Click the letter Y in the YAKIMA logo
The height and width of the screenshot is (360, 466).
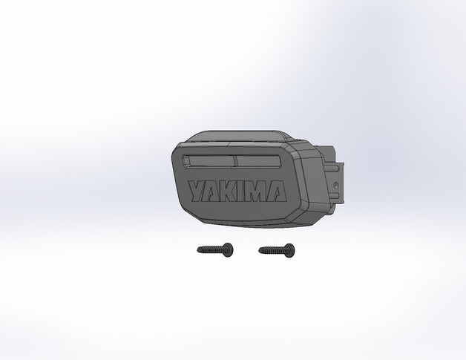click(x=197, y=192)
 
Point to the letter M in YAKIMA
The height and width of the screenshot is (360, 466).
click(x=256, y=192)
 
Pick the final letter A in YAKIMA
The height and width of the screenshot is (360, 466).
click(x=276, y=192)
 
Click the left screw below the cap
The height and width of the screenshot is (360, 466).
click(x=215, y=249)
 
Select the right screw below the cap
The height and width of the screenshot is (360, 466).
click(x=277, y=251)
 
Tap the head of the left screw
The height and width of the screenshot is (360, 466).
click(x=228, y=249)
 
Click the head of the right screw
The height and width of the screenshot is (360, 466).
click(x=289, y=251)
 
